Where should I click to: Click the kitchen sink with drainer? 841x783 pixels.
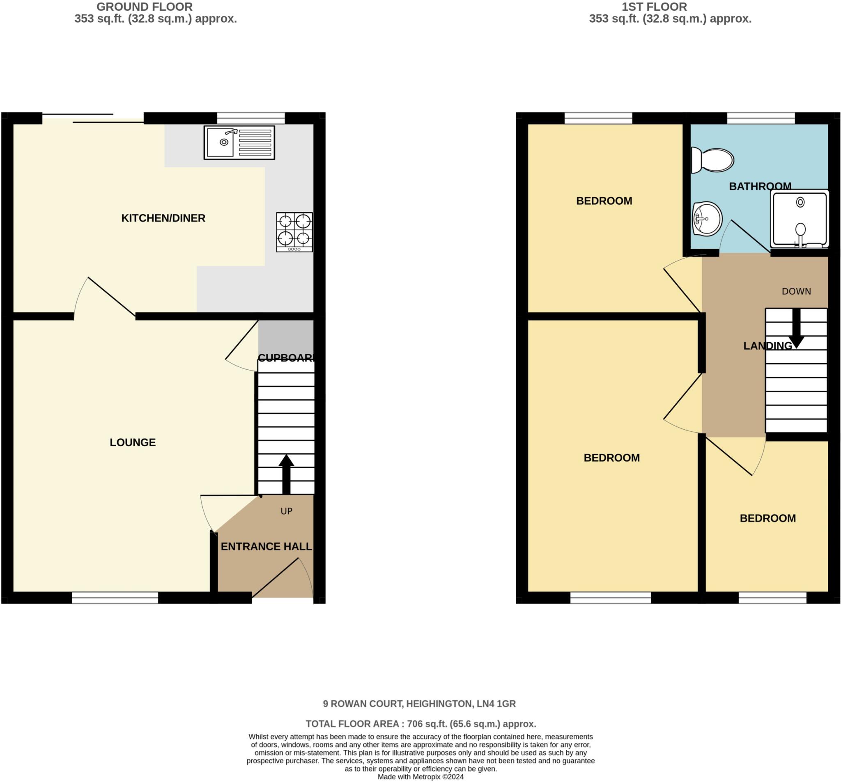click(239, 142)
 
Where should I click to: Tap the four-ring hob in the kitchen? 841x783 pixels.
click(294, 232)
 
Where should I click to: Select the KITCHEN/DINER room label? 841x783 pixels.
click(163, 218)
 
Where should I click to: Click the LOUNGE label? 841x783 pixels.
click(133, 442)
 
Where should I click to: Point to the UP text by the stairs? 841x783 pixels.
click(286, 511)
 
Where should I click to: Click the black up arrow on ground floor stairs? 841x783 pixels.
click(286, 474)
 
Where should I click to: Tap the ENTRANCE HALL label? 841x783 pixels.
click(266, 547)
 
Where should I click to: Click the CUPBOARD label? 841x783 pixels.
click(286, 358)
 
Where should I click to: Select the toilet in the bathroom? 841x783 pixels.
click(712, 160)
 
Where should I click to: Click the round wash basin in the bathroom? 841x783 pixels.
click(707, 219)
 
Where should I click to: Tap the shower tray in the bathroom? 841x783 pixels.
click(799, 219)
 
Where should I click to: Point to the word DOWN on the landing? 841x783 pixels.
click(796, 291)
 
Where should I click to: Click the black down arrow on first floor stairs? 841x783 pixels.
click(796, 330)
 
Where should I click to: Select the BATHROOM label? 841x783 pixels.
click(760, 186)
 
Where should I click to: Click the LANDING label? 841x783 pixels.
click(767, 346)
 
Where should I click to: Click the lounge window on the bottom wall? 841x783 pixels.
click(115, 598)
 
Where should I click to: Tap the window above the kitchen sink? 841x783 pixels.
click(251, 118)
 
